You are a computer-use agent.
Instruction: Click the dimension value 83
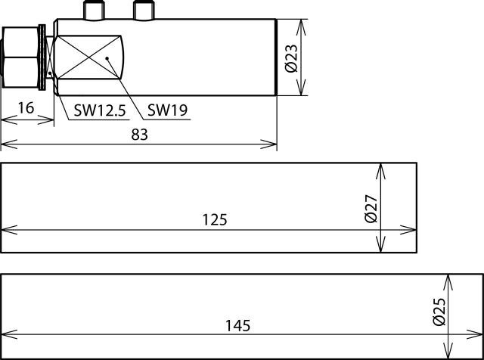click(139, 135)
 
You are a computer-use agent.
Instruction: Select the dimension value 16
click(26, 108)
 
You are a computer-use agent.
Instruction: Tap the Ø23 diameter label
click(292, 58)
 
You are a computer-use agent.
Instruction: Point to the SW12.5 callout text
click(100, 110)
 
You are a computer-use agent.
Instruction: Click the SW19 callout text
click(167, 110)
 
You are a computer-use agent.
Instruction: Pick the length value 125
click(215, 220)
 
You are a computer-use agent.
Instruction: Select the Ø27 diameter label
click(371, 209)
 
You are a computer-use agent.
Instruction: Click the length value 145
click(237, 326)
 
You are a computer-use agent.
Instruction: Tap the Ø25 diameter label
click(439, 312)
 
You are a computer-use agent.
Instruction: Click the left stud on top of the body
click(94, 10)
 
